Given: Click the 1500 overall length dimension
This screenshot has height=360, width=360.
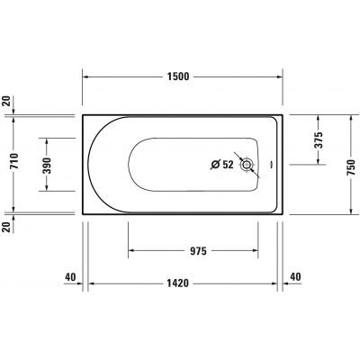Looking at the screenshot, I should click(179, 76).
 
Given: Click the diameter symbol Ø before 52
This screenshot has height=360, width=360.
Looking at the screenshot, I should click(214, 165).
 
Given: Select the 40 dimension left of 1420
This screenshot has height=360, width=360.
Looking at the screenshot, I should click(68, 277).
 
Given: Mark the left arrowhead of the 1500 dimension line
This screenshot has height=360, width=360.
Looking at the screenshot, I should click(85, 76).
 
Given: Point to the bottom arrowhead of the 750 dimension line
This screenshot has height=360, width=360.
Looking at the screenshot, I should click(351, 213).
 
